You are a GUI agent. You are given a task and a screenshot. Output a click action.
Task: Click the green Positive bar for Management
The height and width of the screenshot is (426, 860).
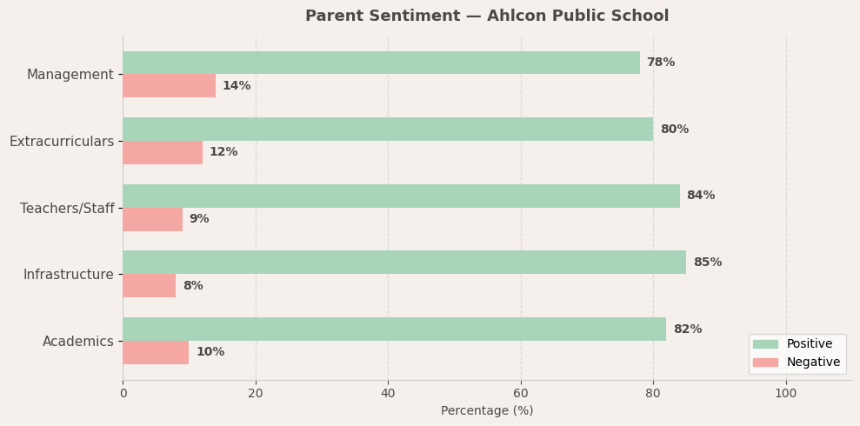tap(381, 63)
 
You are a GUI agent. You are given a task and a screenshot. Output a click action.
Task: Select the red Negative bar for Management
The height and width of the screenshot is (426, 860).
tap(169, 86)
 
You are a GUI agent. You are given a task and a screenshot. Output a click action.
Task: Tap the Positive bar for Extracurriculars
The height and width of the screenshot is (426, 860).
tap(388, 130)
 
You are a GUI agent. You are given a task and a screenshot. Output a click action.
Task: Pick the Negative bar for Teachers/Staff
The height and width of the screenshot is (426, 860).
tap(152, 219)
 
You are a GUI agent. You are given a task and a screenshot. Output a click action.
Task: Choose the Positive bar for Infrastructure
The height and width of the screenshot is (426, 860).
tap(404, 263)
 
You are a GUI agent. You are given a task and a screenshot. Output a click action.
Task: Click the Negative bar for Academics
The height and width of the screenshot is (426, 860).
tap(156, 352)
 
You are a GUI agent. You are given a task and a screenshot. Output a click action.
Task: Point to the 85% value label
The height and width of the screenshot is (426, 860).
tap(707, 263)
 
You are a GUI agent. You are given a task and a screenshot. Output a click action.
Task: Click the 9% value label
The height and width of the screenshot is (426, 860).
tap(199, 219)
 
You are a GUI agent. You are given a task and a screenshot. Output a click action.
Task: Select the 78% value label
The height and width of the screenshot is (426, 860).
tap(660, 63)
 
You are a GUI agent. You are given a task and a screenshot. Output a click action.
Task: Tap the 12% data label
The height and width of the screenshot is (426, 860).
tap(223, 152)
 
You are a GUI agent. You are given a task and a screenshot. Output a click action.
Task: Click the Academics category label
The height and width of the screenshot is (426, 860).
tap(78, 342)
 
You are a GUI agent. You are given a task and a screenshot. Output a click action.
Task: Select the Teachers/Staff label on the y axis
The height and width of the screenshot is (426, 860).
tap(67, 209)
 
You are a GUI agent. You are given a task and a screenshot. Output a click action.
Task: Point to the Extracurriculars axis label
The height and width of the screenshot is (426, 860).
tap(62, 142)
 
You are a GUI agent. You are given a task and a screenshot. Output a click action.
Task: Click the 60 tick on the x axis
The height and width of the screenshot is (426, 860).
tap(521, 393)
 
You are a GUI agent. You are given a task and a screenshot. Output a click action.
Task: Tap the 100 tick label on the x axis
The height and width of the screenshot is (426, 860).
tap(786, 393)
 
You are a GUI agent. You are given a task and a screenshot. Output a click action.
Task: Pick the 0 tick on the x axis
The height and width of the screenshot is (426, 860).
tap(123, 393)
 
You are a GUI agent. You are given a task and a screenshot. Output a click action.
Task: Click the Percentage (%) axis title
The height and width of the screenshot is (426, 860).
tap(487, 410)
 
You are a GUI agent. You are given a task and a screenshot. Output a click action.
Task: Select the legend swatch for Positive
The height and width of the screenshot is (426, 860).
tap(765, 344)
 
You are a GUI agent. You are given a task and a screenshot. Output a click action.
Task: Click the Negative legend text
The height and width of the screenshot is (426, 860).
tap(813, 363)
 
